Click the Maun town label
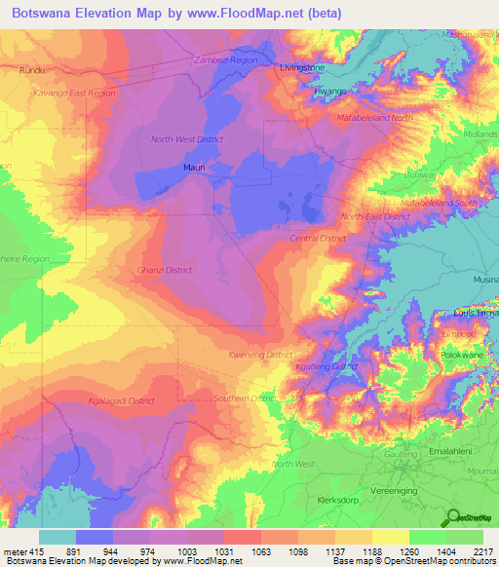coord(193,168)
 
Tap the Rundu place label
coord(33,70)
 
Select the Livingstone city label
coord(301,68)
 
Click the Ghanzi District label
coord(165,270)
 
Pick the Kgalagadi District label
coord(122,400)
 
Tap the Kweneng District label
coord(260,356)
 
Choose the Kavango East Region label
coord(74,94)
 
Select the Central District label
coord(318,239)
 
